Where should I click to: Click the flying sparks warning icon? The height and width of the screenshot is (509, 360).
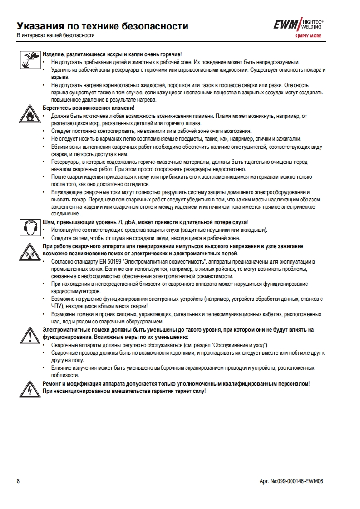[x=29, y=59]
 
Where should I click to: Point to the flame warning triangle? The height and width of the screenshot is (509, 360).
[x=29, y=116]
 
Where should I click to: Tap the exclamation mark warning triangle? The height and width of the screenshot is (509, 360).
[x=29, y=335]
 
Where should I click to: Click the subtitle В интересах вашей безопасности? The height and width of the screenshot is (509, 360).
[x=55, y=35]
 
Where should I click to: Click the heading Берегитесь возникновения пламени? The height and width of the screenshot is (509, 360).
[x=89, y=108]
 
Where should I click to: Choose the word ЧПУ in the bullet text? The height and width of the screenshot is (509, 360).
[x=56, y=306]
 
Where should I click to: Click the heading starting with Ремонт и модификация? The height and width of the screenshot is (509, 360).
[x=176, y=384]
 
